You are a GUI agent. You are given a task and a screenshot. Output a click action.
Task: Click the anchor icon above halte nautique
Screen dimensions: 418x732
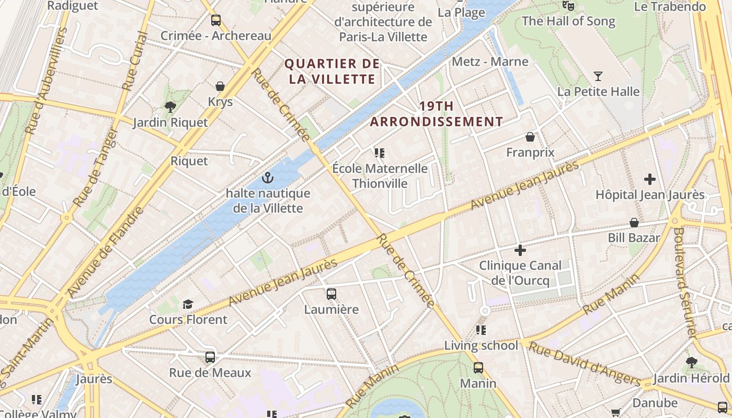(268, 178)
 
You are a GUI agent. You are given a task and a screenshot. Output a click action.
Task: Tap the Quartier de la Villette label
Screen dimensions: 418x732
(332, 72)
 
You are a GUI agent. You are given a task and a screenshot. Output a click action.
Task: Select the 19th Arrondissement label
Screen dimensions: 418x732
(437, 114)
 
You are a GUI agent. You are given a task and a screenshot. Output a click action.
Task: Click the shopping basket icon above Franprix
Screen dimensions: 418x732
(530, 137)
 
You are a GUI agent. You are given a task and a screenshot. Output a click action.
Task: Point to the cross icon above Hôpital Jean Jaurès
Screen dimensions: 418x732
(650, 179)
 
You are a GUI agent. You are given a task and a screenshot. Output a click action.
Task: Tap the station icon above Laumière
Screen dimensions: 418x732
(331, 294)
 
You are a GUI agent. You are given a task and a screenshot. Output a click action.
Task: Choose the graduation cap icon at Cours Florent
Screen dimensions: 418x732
(188, 304)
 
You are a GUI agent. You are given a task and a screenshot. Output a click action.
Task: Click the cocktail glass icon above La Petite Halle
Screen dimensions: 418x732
(598, 76)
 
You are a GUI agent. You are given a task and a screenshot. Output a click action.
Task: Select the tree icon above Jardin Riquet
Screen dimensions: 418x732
(170, 107)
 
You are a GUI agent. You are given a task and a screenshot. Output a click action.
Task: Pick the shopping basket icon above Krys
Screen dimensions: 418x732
(220, 86)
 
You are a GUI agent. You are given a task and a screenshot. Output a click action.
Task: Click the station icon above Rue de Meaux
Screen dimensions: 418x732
(210, 357)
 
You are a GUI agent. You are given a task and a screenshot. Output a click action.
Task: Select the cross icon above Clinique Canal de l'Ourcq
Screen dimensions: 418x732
(520, 250)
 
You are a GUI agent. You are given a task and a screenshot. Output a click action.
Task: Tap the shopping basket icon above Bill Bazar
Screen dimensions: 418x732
(634, 223)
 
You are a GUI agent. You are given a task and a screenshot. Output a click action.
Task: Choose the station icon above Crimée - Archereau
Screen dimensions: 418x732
(215, 20)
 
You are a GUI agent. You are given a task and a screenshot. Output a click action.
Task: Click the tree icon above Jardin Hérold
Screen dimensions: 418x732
(691, 362)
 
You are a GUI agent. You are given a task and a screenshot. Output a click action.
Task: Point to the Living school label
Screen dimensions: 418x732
(481, 345)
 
